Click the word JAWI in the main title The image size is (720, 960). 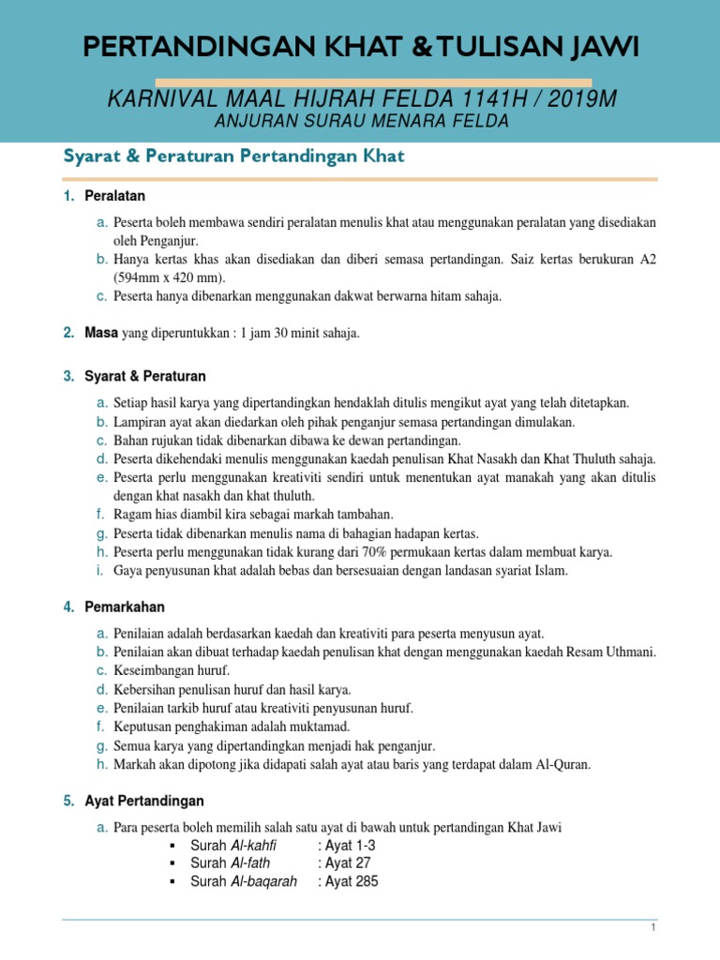click(x=599, y=48)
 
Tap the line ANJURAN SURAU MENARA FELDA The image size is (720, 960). click(x=361, y=121)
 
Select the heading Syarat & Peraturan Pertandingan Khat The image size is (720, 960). click(x=233, y=156)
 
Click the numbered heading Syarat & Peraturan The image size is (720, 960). click(x=144, y=376)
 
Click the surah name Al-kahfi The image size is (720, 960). click(x=254, y=845)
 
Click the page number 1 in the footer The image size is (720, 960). click(x=654, y=927)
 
